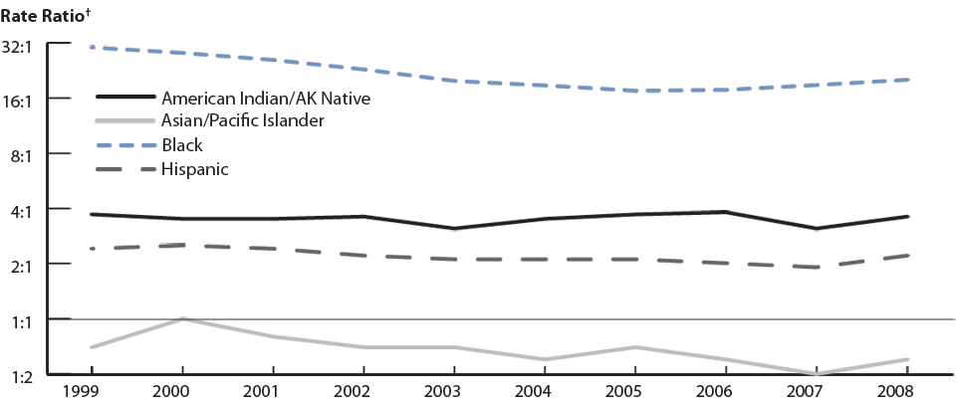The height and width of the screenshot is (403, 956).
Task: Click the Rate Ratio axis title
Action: [42, 11]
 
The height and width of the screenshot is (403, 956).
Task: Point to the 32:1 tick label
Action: [20, 45]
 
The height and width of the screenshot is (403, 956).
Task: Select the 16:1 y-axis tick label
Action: [20, 100]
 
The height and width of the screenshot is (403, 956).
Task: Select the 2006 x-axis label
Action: [725, 391]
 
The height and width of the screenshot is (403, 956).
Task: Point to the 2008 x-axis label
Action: [906, 391]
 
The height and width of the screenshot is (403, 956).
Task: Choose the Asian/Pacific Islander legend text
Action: [243, 121]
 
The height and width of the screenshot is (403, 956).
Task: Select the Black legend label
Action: [181, 145]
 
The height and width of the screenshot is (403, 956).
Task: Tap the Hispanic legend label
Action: [195, 169]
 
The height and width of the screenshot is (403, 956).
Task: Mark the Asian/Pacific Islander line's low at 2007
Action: [816, 373]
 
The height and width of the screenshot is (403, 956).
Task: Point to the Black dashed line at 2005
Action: [634, 91]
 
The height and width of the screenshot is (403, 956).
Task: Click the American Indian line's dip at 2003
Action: [453, 229]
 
